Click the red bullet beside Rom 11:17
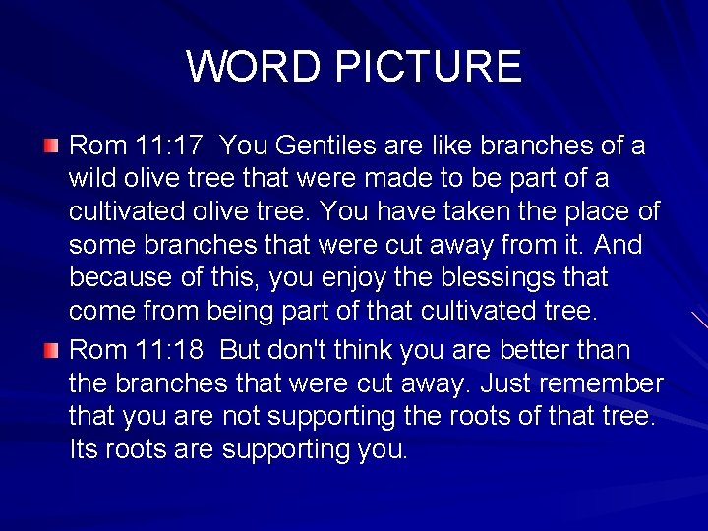tap(51, 147)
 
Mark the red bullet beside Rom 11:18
tap(51, 350)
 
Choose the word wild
tap(91, 179)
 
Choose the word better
tap(530, 351)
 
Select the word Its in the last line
tap(86, 449)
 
